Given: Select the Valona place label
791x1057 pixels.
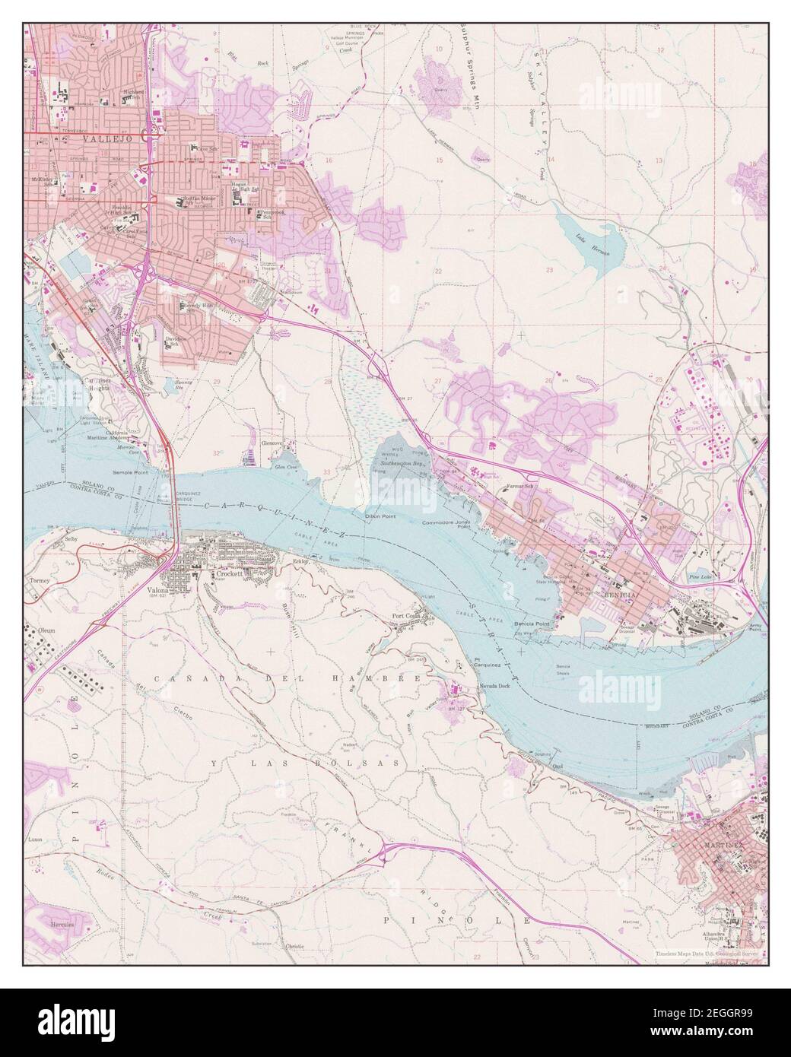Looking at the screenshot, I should (159, 590).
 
